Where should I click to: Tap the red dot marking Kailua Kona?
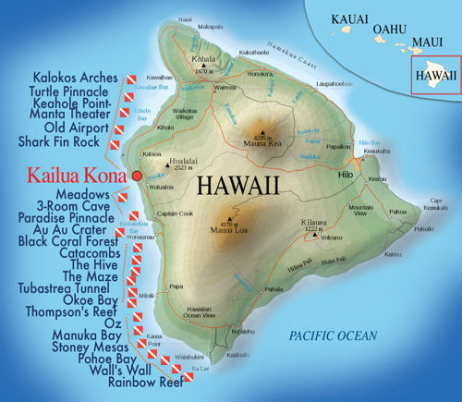coord(137,175)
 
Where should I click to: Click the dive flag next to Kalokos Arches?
coord(130,79)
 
